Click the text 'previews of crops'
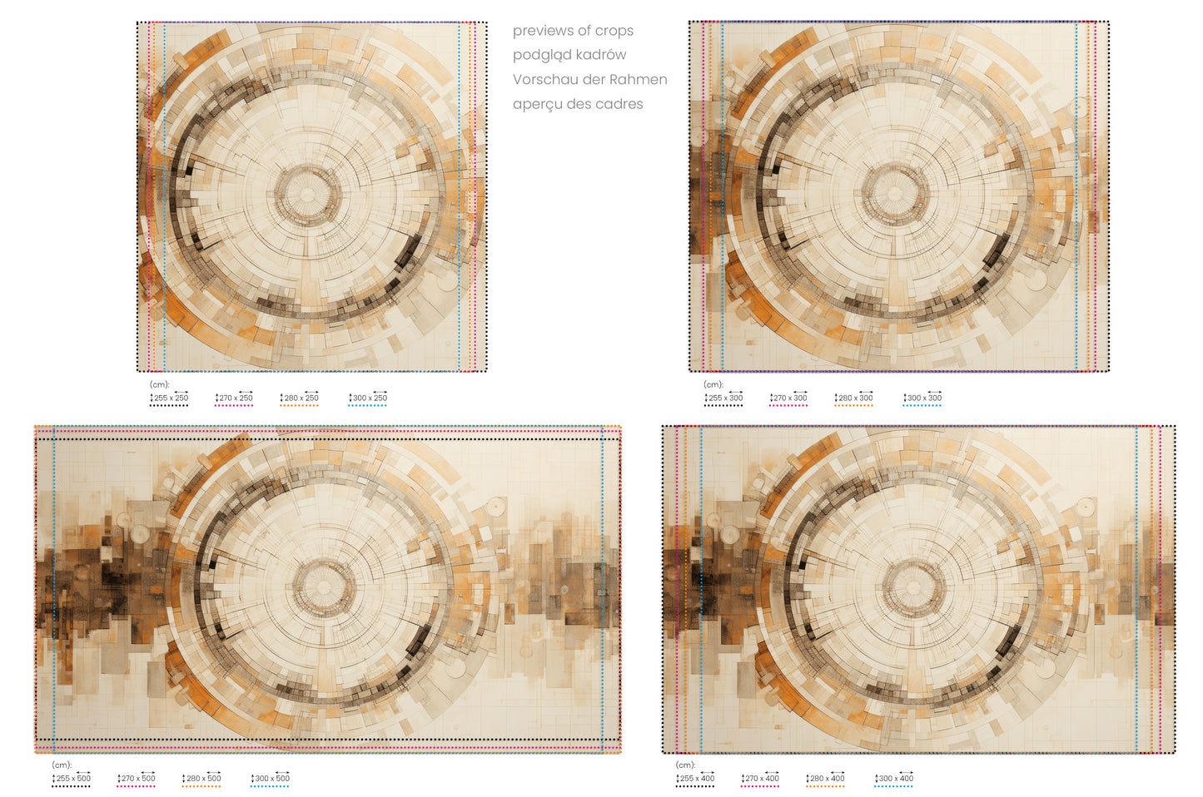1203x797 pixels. click(x=573, y=31)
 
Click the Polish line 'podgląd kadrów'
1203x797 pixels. click(x=569, y=55)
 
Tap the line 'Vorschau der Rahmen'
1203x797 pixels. click(x=589, y=79)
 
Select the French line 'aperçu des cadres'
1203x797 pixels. click(x=577, y=104)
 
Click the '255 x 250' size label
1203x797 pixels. click(x=169, y=398)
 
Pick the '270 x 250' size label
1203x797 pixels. click(x=234, y=398)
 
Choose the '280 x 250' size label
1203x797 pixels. click(x=299, y=398)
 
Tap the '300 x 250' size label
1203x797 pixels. click(x=368, y=398)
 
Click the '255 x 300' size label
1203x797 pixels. click(x=723, y=398)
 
